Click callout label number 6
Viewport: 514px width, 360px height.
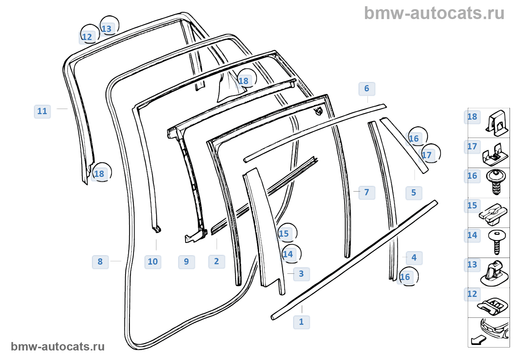click(366, 88)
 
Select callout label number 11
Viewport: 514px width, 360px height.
click(42, 111)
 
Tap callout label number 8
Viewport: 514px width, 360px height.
click(100, 262)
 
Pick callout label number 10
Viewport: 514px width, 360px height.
click(153, 262)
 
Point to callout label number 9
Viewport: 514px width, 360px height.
click(186, 262)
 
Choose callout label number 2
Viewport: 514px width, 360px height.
click(216, 261)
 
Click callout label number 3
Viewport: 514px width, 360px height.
click(301, 274)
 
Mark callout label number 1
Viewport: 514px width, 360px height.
click(301, 322)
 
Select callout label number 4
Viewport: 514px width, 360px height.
click(414, 258)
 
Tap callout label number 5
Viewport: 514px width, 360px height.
click(413, 193)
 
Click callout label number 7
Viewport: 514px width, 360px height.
click(366, 192)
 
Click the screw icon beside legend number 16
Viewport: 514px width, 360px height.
click(496, 182)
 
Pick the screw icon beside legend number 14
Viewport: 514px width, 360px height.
click(497, 241)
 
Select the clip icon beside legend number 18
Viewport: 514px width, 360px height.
click(497, 122)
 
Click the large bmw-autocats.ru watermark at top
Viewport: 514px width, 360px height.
click(434, 13)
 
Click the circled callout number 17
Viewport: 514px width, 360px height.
click(427, 155)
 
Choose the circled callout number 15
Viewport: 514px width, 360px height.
click(284, 234)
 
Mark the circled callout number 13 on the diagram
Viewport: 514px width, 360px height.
click(106, 29)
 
